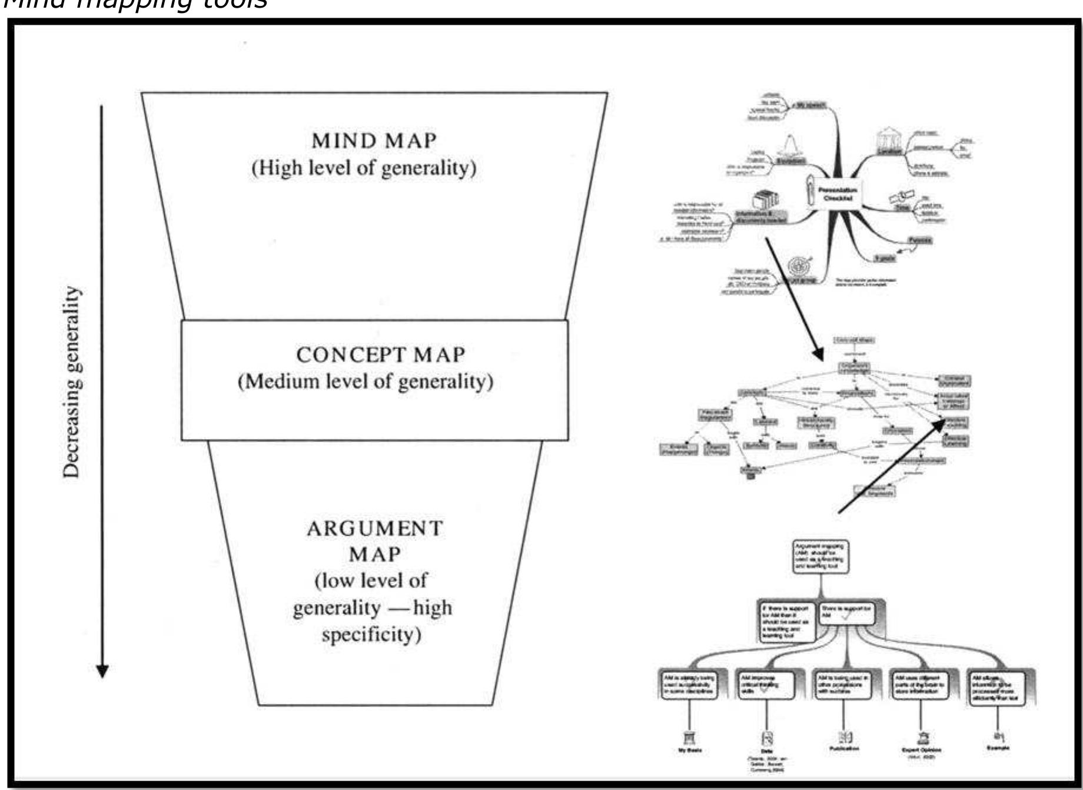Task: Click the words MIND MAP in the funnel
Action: (x=374, y=141)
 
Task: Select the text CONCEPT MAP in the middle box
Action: (x=380, y=355)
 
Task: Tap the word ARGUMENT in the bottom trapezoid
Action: (x=374, y=529)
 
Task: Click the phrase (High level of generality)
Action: (x=364, y=168)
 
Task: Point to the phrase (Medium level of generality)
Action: (x=365, y=382)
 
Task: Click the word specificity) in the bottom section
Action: (x=371, y=635)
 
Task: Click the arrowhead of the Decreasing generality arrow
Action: (x=102, y=671)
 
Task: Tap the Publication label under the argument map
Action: (x=844, y=749)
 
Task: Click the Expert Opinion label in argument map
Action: (x=921, y=750)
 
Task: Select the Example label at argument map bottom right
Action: (x=998, y=748)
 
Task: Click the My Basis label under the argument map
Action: (x=689, y=751)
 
